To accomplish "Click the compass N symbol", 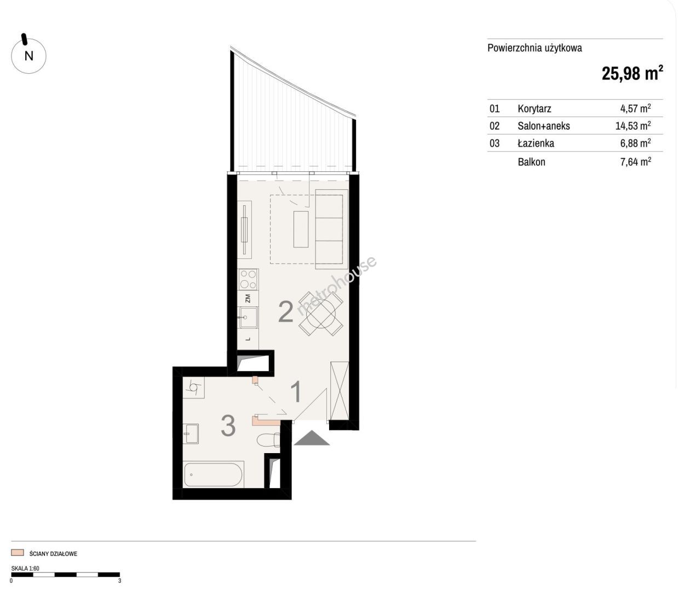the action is tap(28, 56).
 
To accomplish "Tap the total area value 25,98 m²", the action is tap(632, 73).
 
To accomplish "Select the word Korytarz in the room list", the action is tap(534, 108).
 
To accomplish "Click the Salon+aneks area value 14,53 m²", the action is tap(633, 126).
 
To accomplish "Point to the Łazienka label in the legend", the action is tap(536, 143).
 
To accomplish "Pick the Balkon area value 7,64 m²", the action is tap(636, 161).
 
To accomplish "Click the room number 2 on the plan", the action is tap(286, 311).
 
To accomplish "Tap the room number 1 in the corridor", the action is tap(296, 391).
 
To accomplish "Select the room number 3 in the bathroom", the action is tap(228, 426).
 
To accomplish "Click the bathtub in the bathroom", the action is tap(214, 474).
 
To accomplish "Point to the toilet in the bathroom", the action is tap(269, 440).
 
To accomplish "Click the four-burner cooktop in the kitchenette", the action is tap(248, 280).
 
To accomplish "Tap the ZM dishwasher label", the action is tap(247, 298).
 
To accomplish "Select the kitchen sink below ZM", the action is tap(248, 317).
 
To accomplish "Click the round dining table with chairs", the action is tap(321, 314).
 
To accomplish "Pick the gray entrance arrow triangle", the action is tap(312, 438).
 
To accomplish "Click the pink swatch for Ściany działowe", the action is tap(17, 553).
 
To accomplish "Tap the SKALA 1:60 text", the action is tap(25, 569).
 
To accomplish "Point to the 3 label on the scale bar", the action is tap(119, 581).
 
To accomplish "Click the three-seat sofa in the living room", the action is tap(331, 229).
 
